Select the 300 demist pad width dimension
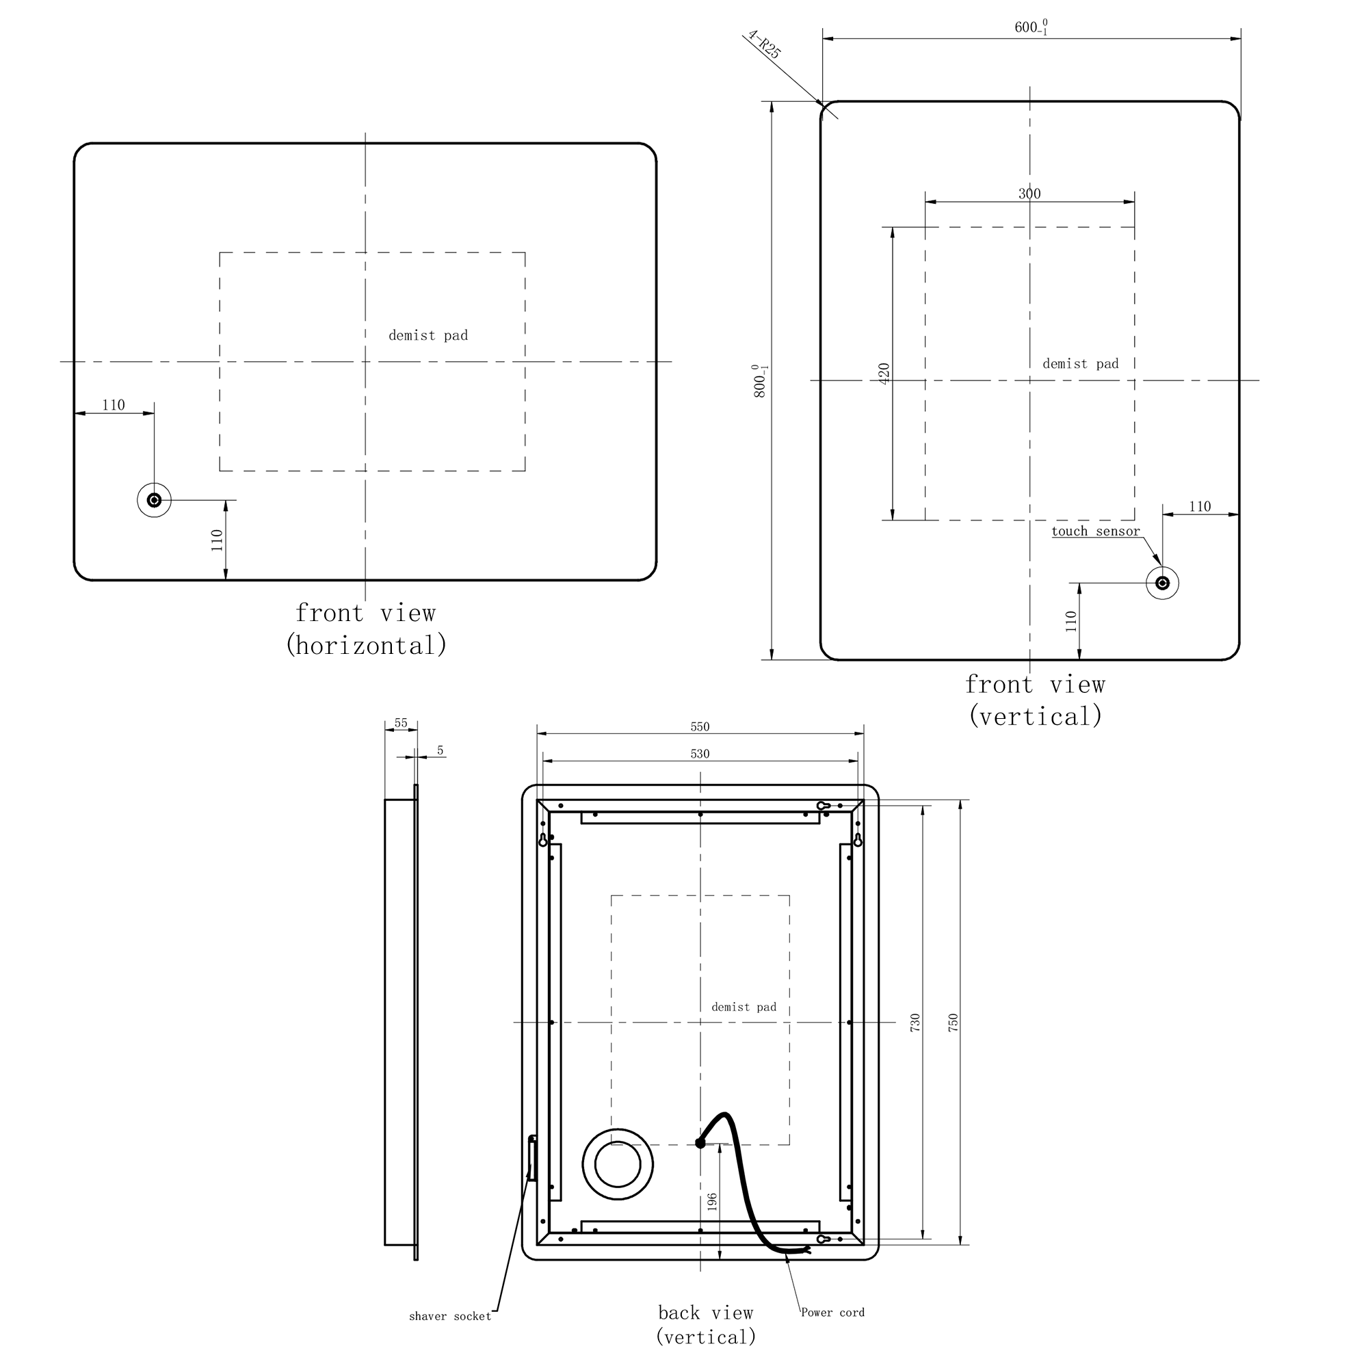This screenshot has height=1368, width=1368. pos(1029,194)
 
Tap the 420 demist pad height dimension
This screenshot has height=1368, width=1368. pos(884,373)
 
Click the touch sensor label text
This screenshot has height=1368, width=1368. pos(1095,531)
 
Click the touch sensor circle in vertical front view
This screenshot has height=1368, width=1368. pos(1162,583)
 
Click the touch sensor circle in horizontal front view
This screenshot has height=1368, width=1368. pos(154,501)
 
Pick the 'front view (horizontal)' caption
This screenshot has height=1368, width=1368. pos(365,629)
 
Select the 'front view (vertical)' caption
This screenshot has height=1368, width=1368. pos(1035,700)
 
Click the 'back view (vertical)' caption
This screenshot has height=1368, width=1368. pos(705,1324)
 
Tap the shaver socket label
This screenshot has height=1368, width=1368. pos(449,1316)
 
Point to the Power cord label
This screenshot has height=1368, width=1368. pos(832,1312)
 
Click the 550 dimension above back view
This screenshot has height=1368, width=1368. pos(700,726)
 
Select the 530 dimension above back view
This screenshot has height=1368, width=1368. pos(700,754)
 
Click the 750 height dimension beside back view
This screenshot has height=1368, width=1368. pos(953,1022)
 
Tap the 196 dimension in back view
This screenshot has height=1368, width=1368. pos(712,1201)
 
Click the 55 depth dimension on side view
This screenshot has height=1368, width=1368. pos(401,723)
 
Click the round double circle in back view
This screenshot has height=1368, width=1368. pos(618,1164)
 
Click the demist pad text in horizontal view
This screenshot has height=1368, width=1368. pos(428,336)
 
